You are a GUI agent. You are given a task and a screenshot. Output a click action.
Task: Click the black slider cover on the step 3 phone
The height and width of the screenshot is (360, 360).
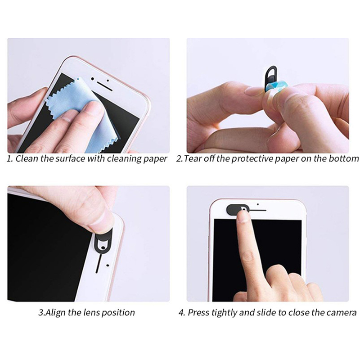click(x=103, y=240)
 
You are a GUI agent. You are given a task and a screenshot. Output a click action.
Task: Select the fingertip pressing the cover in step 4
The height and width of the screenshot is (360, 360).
click(x=244, y=216)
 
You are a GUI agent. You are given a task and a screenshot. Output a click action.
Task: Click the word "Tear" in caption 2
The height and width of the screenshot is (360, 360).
click(x=193, y=159)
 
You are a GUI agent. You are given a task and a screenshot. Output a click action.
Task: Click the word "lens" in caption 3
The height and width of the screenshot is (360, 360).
click(x=92, y=312)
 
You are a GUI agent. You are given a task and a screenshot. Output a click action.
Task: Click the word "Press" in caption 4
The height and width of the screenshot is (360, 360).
click(x=198, y=312)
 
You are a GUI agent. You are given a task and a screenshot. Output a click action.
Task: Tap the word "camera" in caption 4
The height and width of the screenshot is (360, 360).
click(x=342, y=312)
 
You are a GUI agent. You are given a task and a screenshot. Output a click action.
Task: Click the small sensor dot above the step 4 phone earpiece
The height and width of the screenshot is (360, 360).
click(x=258, y=204)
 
